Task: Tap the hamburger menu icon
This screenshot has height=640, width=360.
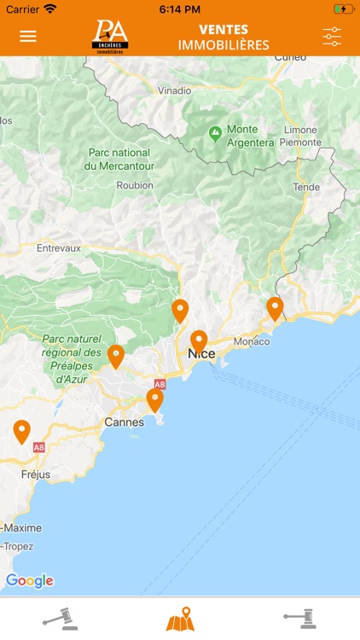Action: click(28, 37)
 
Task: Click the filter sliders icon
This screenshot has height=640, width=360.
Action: click(332, 37)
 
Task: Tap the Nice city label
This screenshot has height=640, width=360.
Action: click(201, 354)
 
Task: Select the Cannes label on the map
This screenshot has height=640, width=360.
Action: click(124, 422)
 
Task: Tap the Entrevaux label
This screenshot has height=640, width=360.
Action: click(59, 248)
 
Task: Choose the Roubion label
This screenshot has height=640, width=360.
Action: click(136, 185)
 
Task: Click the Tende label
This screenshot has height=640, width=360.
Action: click(306, 187)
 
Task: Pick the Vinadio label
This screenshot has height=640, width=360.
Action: click(175, 90)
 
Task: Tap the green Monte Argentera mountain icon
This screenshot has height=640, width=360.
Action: click(215, 134)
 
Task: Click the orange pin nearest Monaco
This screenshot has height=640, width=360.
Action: click(275, 307)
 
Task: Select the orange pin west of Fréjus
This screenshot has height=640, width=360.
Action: click(21, 431)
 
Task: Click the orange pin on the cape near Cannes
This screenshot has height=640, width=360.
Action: click(154, 399)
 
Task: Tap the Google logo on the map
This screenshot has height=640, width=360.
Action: click(30, 581)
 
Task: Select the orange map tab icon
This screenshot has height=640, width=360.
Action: click(180, 619)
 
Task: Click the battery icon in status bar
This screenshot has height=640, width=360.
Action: click(343, 9)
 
